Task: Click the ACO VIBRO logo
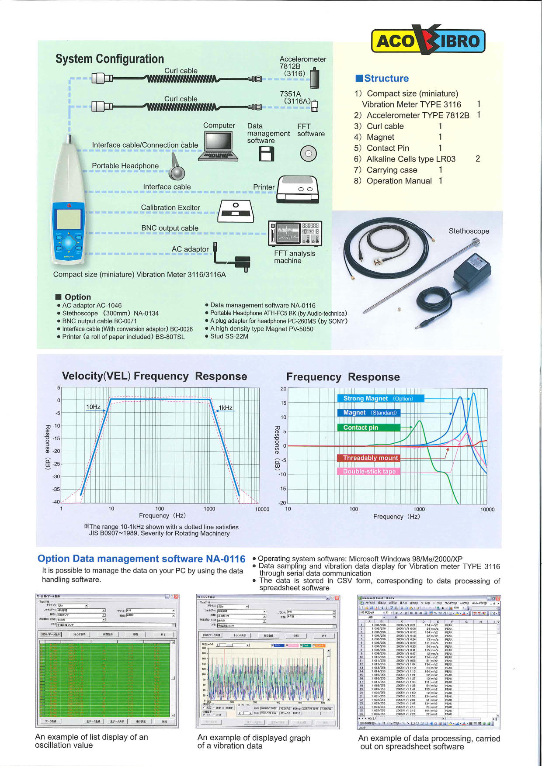pos(428,40)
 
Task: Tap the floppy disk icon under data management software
pos(267,154)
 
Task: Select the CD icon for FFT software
pos(308,153)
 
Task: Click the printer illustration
pos(298,189)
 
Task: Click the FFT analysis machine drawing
pos(295,233)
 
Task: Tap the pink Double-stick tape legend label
pos(368,472)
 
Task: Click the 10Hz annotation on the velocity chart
pos(93,407)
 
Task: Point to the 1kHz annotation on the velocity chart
pos(226,408)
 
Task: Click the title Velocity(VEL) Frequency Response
pos(154,376)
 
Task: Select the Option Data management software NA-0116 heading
pos(141,559)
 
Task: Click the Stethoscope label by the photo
pos(469,231)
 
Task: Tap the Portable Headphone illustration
pos(177,168)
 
